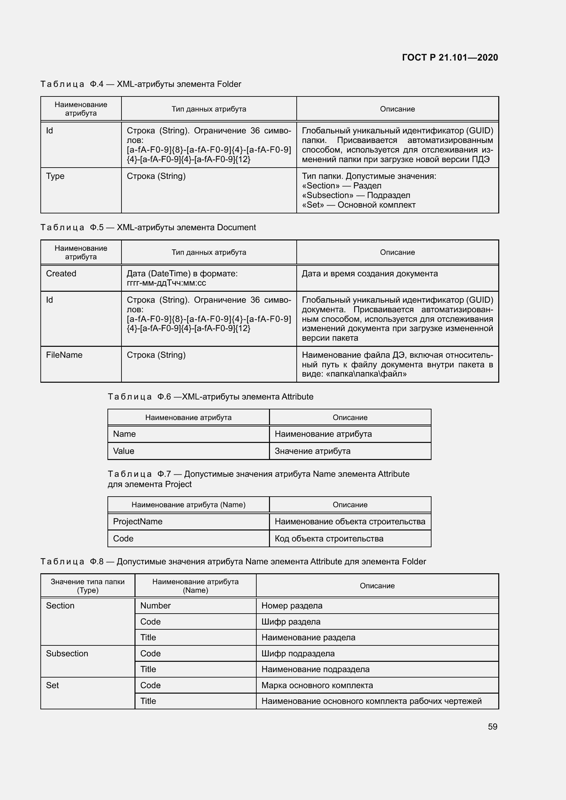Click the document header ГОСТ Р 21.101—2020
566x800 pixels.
pyautogui.click(x=450, y=57)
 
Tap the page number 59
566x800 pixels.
pyautogui.click(x=492, y=726)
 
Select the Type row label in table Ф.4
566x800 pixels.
pyautogui.click(x=55, y=176)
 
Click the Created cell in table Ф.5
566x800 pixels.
pyautogui.click(x=61, y=274)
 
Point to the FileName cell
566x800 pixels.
pyautogui.click(x=64, y=355)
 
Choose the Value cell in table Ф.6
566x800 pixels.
pyautogui.click(x=124, y=451)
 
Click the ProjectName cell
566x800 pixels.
pyautogui.click(x=138, y=522)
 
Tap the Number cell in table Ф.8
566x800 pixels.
pyautogui.click(x=155, y=606)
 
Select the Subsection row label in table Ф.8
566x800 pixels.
pyautogui.click(x=67, y=654)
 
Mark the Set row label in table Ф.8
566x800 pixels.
pyautogui.click(x=52, y=685)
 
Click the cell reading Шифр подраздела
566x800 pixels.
pyautogui.click(x=298, y=654)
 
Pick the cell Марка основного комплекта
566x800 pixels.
pyautogui.click(x=317, y=685)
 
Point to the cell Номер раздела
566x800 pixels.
pyautogui.click(x=292, y=606)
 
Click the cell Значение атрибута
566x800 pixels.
pyautogui.click(x=313, y=451)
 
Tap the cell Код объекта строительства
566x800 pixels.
pyautogui.click(x=329, y=539)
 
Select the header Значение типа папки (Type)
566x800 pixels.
pyautogui.click(x=88, y=586)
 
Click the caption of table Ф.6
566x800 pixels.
pyautogui.click(x=210, y=397)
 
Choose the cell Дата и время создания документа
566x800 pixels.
pyautogui.click(x=370, y=274)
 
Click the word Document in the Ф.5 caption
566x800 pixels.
pyautogui.click(x=236, y=227)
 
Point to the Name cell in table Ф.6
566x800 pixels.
pyautogui.click(x=125, y=434)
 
